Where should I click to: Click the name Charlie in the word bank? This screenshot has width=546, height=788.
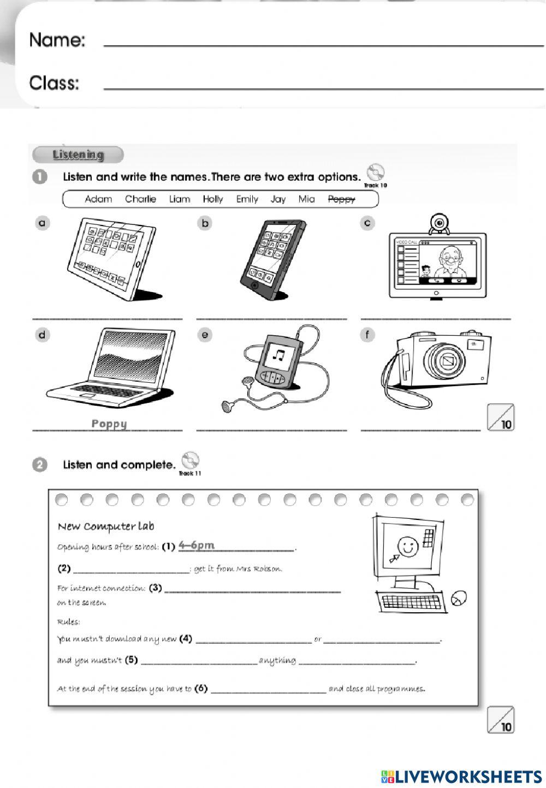point(140,199)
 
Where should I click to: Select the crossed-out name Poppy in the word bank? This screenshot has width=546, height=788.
point(341,199)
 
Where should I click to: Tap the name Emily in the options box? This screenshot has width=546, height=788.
point(247,199)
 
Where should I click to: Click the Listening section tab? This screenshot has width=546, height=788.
point(78,155)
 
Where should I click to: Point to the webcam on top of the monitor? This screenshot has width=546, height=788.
point(438,223)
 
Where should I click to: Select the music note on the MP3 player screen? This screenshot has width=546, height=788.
point(279,356)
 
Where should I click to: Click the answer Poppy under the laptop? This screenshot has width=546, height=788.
point(109,424)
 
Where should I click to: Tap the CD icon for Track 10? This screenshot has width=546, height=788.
point(375,174)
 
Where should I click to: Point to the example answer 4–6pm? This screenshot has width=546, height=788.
point(196,545)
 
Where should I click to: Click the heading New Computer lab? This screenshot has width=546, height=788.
point(106,526)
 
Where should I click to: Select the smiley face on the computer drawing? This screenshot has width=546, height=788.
point(405,546)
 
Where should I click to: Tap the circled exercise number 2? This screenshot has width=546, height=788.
point(40,465)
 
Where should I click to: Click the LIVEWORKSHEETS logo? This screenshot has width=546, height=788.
point(461,776)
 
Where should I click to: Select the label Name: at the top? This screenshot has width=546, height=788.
point(57,40)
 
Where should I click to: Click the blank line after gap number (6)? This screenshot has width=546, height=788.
point(268,690)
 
